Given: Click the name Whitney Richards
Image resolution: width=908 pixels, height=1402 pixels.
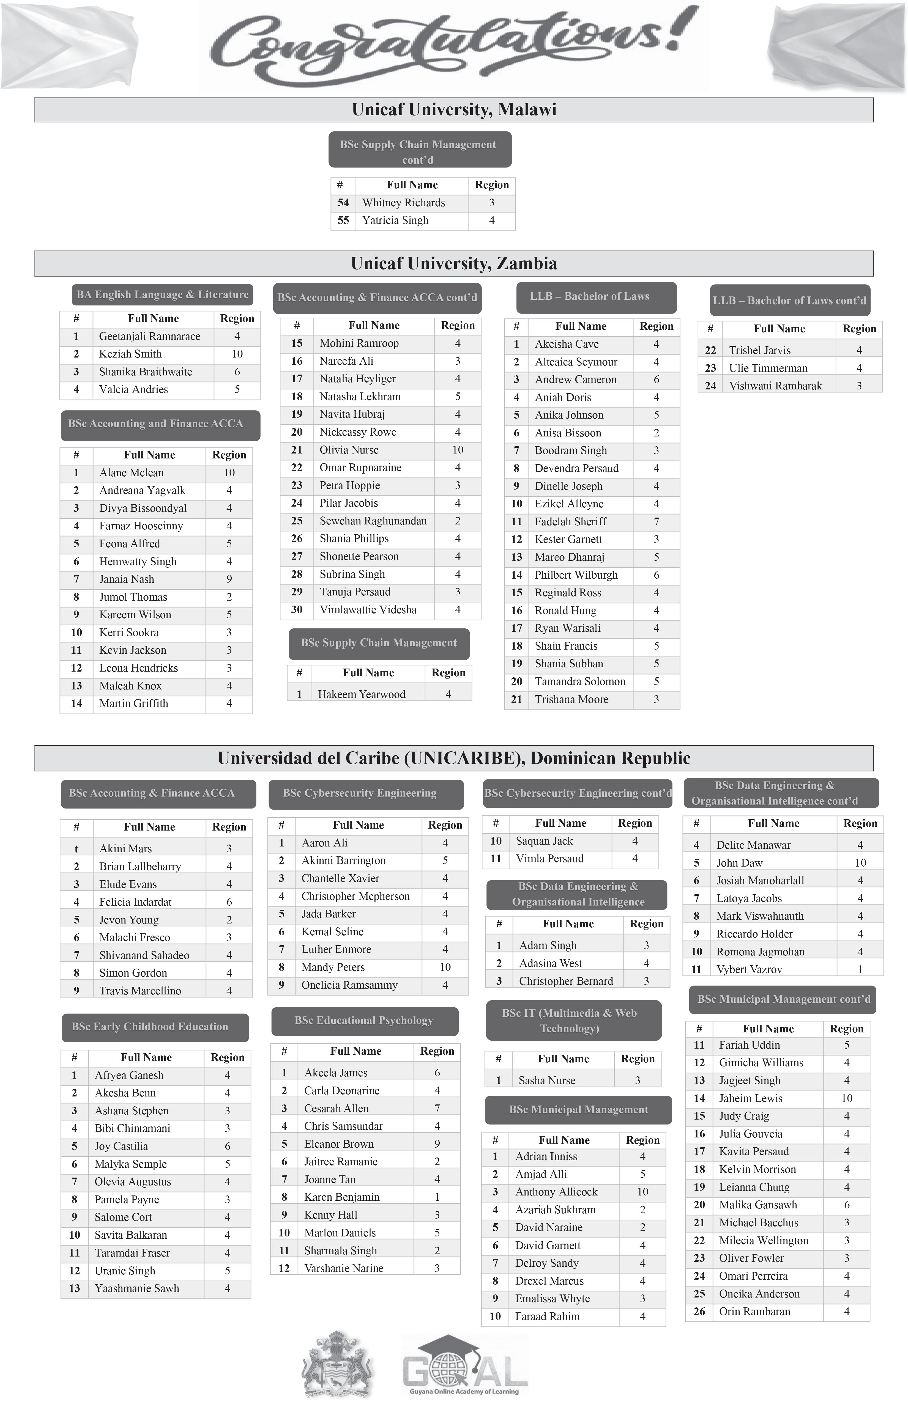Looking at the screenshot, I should click(404, 203).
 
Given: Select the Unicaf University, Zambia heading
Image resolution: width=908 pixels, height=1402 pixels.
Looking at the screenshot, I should click(454, 263).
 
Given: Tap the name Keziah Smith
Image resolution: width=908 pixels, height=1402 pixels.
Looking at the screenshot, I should click(130, 354).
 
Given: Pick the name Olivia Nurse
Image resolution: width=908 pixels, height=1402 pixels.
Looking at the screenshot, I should click(349, 450).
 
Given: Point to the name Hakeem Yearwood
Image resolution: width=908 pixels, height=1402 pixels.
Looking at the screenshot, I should click(361, 694).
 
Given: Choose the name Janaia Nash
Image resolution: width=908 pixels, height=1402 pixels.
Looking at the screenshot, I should click(127, 579).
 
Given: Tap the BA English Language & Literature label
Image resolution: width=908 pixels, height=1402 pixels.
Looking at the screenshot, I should click(162, 295).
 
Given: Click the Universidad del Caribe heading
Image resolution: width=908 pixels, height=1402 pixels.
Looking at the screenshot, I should click(454, 758).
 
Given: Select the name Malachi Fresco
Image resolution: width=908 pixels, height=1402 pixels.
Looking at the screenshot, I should click(134, 937).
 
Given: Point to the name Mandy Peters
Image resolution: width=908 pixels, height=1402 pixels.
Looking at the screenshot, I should click(333, 967).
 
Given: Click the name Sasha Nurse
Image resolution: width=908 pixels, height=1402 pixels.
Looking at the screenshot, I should click(547, 1080).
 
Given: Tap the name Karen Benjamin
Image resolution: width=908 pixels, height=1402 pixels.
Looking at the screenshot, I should click(342, 1197).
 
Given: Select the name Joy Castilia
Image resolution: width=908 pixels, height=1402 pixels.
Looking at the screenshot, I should click(121, 1146).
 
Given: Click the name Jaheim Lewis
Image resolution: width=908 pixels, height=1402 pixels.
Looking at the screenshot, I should click(751, 1099).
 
